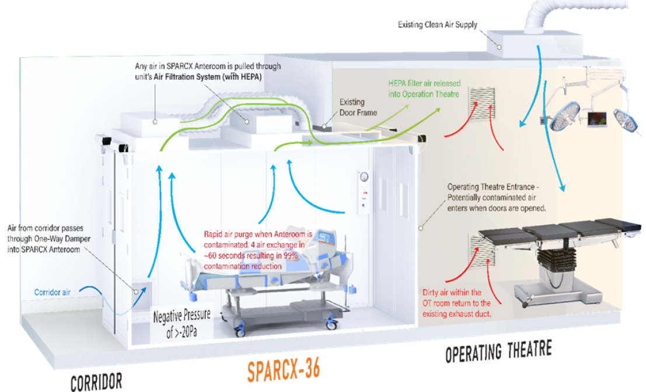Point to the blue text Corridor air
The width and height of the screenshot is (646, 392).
53,292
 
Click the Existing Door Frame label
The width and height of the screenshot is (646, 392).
358,107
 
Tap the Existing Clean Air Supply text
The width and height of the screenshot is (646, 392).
438,25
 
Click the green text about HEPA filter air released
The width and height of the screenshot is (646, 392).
424,88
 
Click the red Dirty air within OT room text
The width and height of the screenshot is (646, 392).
456,303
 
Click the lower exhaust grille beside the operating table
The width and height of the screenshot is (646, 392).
481,250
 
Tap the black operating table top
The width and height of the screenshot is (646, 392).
560,230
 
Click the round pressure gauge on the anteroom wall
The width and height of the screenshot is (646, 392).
365,176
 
